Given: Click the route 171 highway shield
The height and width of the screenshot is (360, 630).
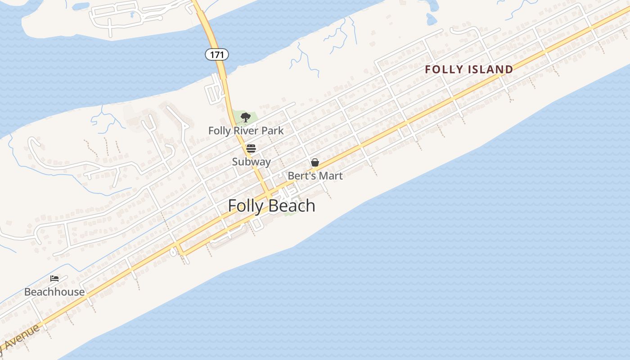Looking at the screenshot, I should [x=217, y=54].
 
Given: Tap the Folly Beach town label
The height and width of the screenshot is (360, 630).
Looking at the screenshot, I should [x=271, y=206].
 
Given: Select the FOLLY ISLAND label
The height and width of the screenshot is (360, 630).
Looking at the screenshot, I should [x=469, y=69].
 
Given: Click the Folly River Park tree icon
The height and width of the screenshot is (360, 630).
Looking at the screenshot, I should [x=245, y=118].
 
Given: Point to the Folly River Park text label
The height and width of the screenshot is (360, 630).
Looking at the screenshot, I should [x=246, y=131].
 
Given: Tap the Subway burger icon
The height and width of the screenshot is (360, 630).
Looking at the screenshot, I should [x=251, y=148].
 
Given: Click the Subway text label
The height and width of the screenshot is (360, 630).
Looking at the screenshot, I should [x=251, y=162].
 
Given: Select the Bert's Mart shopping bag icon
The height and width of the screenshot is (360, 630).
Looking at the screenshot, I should [x=315, y=162].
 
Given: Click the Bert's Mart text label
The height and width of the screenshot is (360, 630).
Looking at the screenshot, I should [x=315, y=176].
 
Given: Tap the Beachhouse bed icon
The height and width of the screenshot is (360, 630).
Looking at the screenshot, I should [x=54, y=279].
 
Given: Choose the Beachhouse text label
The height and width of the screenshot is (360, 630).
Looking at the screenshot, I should [x=54, y=292].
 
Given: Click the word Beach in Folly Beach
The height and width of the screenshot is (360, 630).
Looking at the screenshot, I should [x=293, y=206].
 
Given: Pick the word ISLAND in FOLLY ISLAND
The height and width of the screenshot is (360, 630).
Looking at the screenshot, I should [x=490, y=69].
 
